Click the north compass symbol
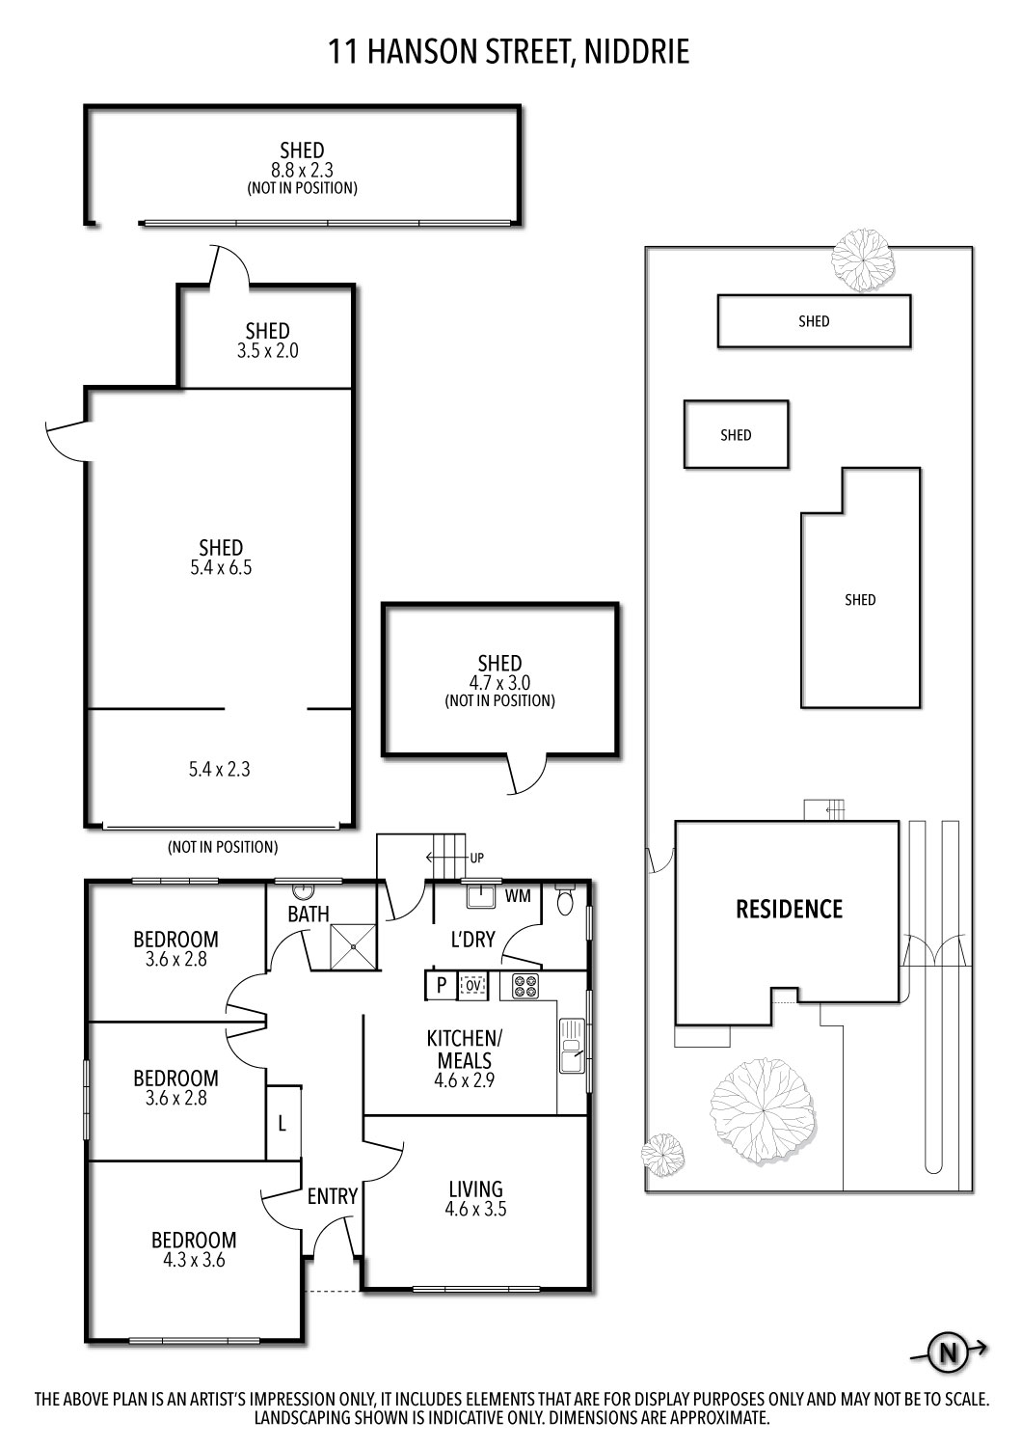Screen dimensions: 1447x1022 tap(948, 1352)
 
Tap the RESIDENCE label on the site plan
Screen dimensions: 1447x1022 tap(789, 909)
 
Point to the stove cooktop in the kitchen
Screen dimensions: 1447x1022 tap(524, 986)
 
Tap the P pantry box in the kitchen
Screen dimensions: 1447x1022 tap(442, 986)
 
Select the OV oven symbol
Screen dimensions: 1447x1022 tap(472, 986)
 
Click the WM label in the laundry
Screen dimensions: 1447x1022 tap(518, 896)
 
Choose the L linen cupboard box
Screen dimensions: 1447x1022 tap(282, 1123)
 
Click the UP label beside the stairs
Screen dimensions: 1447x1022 tap(476, 858)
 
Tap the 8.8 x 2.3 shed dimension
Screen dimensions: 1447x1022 tap(302, 170)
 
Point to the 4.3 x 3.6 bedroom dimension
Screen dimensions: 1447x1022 tap(194, 1259)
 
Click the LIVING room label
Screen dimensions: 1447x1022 tap(475, 1188)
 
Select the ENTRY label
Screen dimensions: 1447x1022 tap(333, 1196)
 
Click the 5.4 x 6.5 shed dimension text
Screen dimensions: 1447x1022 tap(221, 568)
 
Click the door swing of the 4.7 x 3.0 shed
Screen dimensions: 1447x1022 tap(525, 775)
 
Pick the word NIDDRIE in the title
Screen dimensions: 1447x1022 tap(637, 51)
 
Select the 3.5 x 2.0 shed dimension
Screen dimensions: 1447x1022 tap(267, 351)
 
